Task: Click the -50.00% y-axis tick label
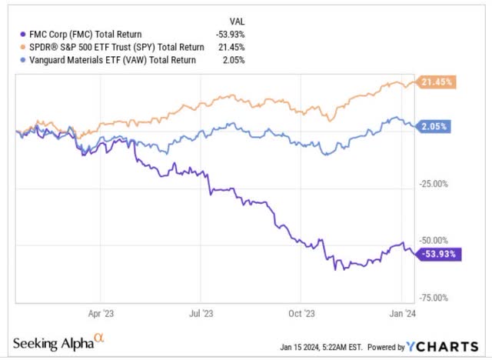(x=437, y=242)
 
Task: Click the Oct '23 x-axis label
(x=301, y=313)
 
